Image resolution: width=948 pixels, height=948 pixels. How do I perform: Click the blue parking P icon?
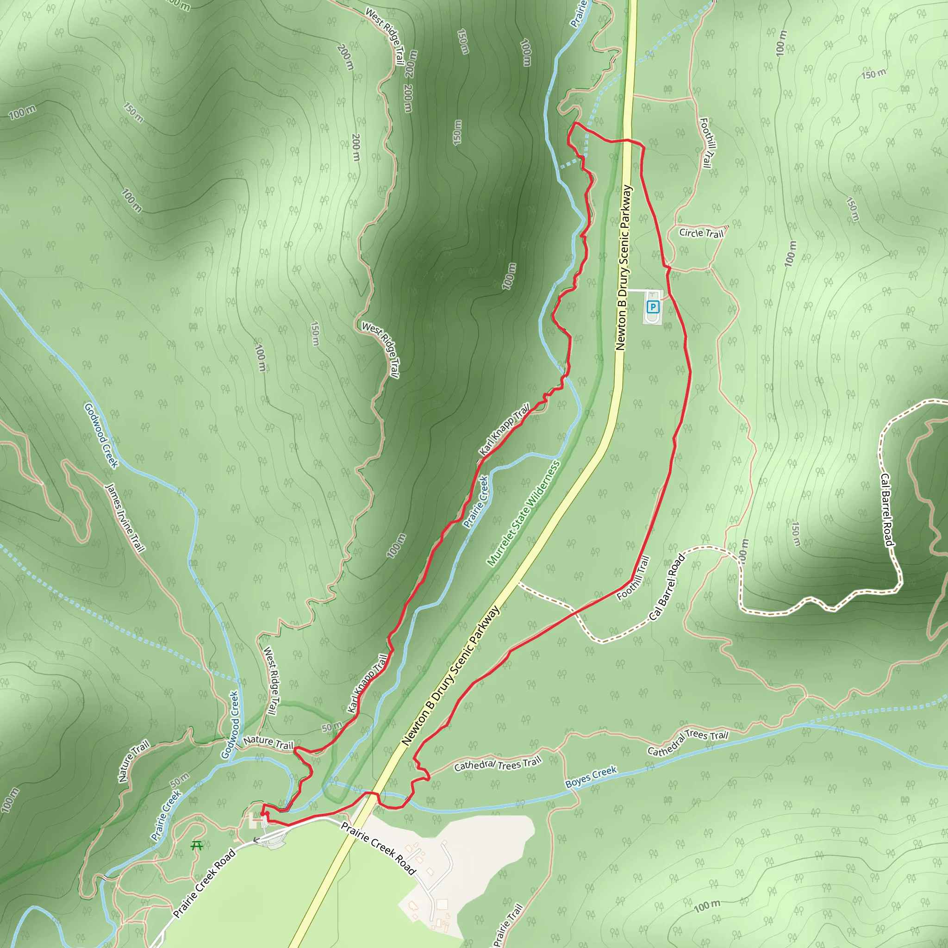[652, 307]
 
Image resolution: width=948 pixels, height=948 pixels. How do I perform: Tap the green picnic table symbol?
[197, 845]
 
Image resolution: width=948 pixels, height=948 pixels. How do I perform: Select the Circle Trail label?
[701, 233]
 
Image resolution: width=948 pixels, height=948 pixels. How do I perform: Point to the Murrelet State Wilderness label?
[523, 513]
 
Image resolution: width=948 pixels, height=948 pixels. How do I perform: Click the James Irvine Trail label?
[125, 518]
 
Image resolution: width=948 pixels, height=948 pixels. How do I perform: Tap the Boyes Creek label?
[591, 777]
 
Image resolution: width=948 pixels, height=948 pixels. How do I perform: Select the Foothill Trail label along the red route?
[634, 578]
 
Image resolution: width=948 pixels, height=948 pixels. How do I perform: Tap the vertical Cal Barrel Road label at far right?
[886, 510]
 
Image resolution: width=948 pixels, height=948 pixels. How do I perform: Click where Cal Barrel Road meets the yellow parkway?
[520, 582]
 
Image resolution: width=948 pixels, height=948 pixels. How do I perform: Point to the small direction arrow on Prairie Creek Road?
[256, 840]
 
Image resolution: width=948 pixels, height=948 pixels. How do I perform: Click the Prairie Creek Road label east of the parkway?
[378, 848]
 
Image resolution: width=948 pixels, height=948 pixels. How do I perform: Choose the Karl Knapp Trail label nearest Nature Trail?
[368, 683]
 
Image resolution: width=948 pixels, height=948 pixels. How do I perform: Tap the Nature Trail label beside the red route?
[268, 742]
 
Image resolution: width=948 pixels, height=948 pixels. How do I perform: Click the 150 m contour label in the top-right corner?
[874, 74]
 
